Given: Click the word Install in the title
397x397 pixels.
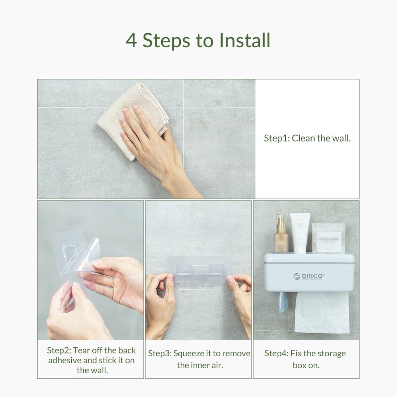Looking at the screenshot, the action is click(x=245, y=40).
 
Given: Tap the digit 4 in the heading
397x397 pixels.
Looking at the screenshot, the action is click(x=131, y=40).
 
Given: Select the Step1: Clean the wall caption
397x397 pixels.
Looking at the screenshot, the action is click(x=307, y=138).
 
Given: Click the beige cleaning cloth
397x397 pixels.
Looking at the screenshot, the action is click(x=133, y=121).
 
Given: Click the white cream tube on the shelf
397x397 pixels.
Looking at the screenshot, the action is click(x=300, y=233).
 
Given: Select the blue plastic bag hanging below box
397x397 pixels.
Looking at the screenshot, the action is click(x=283, y=302).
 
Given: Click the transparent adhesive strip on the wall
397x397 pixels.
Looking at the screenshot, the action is click(x=200, y=268).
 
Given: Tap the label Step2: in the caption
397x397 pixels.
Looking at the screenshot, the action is click(x=59, y=350).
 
